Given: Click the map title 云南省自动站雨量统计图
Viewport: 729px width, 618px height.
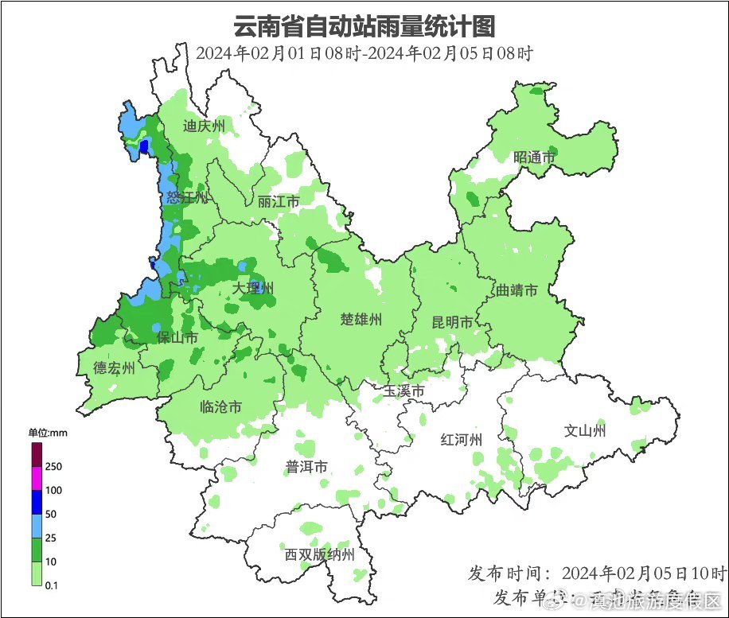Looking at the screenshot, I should click(364, 26).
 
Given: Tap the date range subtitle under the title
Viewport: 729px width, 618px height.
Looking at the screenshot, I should click(364, 54).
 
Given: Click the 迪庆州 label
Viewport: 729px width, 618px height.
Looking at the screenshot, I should click(204, 126).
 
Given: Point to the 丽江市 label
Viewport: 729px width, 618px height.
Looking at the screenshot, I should click(279, 202).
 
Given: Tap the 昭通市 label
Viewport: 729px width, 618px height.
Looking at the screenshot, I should click(533, 157).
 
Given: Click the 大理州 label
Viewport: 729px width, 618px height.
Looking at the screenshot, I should click(254, 288).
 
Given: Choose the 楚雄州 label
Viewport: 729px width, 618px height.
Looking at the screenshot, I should click(361, 320).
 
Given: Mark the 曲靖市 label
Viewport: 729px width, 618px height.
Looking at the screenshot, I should click(517, 290).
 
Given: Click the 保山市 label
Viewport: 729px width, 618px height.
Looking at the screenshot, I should click(177, 338).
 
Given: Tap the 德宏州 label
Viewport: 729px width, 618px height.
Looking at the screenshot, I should click(115, 367).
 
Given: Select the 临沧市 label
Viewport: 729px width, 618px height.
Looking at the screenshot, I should click(220, 407).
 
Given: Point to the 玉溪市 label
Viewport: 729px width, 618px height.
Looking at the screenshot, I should click(403, 391).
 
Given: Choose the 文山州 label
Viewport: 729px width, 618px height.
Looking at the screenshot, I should click(585, 431).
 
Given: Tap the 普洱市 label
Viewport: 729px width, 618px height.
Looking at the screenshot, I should click(306, 467).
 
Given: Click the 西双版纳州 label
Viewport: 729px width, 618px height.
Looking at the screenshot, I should click(319, 555).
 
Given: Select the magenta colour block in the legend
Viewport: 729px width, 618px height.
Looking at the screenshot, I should click(37, 479).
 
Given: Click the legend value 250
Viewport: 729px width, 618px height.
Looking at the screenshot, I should click(55, 466).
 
